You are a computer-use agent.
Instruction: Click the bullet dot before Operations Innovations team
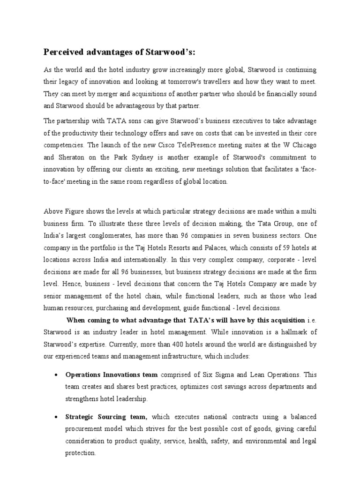[56, 375]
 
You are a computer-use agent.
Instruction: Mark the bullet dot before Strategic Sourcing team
[56, 417]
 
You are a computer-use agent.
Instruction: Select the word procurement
[87, 429]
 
